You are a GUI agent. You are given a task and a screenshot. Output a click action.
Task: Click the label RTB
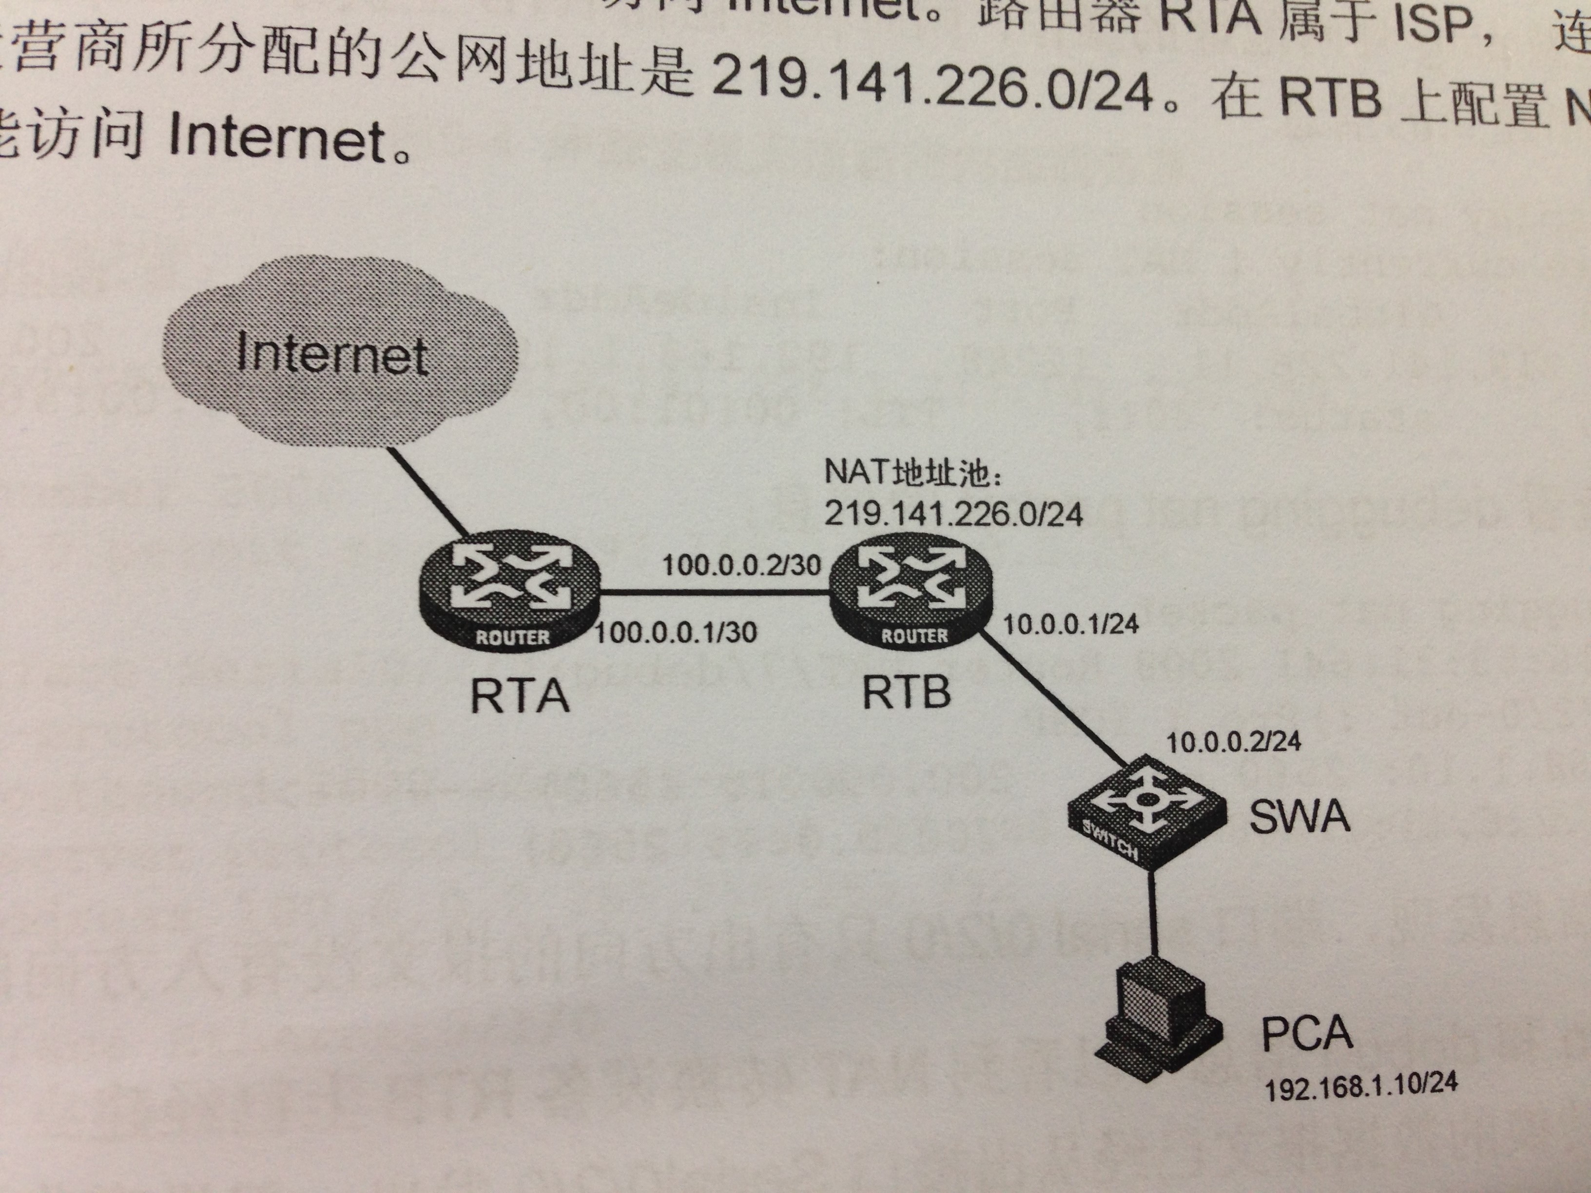click(x=906, y=692)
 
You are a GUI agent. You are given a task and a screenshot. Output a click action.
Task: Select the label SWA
click(x=1298, y=816)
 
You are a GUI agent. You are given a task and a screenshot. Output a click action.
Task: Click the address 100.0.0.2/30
click(x=741, y=564)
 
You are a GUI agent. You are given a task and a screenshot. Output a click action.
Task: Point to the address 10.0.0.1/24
click(x=1070, y=624)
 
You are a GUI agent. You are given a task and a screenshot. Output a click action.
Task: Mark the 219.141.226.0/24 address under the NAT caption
click(x=953, y=514)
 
